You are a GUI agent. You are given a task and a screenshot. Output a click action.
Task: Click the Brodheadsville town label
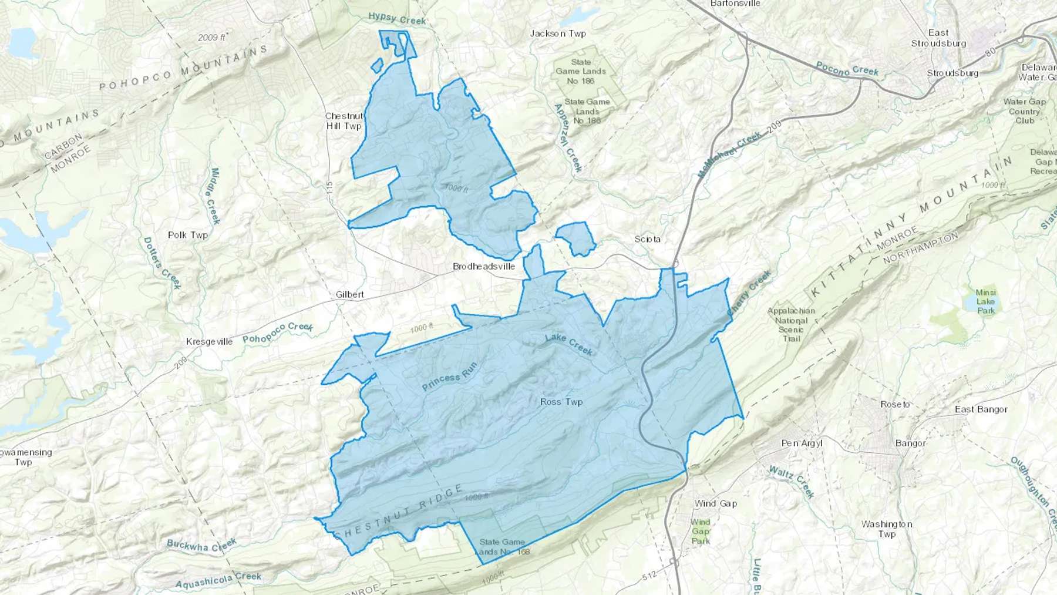tap(484, 266)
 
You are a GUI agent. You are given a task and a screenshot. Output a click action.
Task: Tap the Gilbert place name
tap(350, 294)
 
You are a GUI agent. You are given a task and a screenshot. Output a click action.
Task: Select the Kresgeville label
tap(209, 341)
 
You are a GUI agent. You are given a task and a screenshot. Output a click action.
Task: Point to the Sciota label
tap(648, 239)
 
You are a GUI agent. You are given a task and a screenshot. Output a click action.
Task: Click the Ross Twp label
tap(561, 402)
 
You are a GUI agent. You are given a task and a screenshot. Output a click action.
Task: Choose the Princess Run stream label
tap(449, 377)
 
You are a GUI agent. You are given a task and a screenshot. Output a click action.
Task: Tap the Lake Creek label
tap(569, 344)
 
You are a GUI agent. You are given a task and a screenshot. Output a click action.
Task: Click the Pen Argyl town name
tap(802, 443)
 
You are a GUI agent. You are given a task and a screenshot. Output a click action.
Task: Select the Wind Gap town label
tap(715, 503)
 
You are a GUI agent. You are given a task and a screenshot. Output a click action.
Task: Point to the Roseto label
tap(895, 404)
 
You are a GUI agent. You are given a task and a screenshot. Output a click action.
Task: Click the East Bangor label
tap(981, 409)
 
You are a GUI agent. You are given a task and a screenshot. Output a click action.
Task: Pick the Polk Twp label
tap(188, 235)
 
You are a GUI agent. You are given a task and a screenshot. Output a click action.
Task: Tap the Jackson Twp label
tap(558, 33)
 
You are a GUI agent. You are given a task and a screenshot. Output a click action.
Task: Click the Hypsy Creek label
tap(397, 19)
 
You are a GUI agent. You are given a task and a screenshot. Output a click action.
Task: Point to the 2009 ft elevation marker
tap(212, 37)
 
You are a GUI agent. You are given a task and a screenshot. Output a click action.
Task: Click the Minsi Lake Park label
tap(985, 301)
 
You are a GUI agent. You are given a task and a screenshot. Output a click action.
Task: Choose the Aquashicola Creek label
tap(218, 579)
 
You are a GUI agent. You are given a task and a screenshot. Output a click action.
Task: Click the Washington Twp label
tap(887, 529)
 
